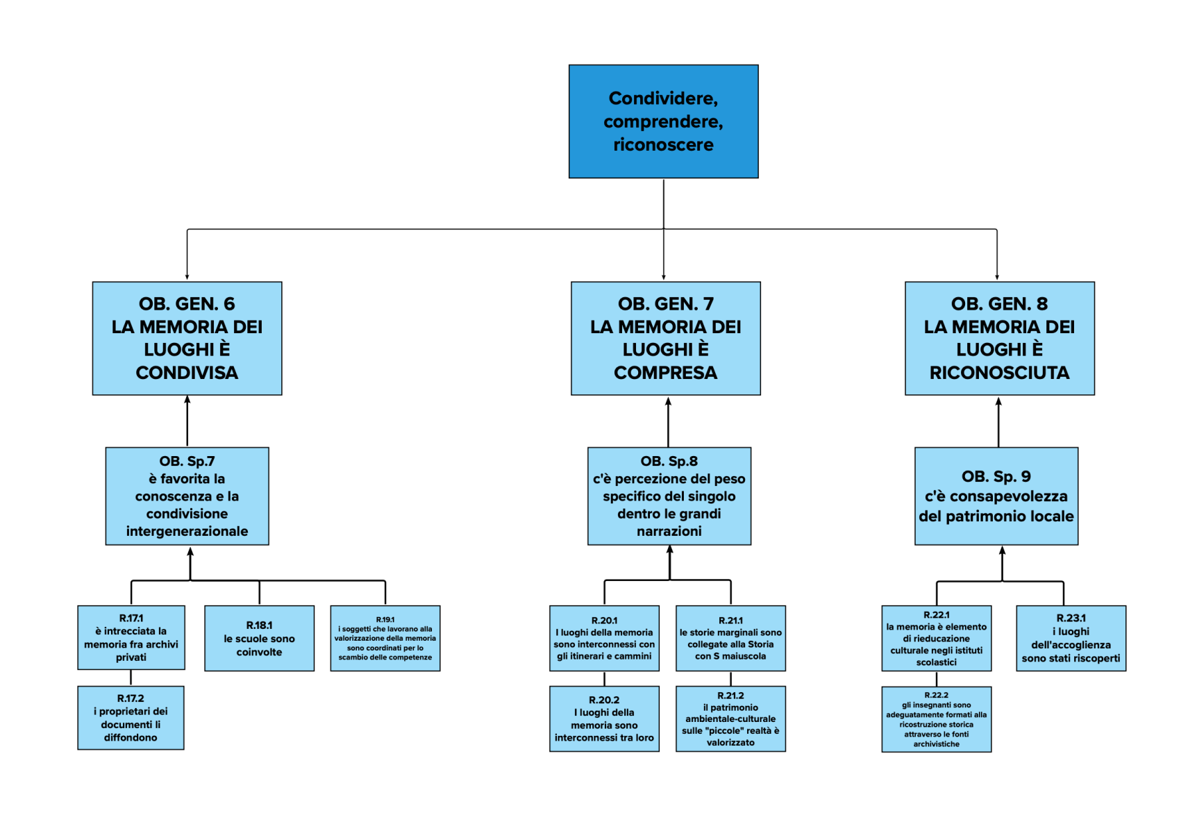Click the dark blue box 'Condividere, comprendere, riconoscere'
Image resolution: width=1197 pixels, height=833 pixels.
tap(663, 121)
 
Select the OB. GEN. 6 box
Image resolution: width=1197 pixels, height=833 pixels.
tap(187, 338)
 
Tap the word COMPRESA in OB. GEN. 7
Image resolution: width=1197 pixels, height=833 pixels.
tap(665, 373)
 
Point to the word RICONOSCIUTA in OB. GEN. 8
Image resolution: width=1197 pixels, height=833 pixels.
tap(999, 373)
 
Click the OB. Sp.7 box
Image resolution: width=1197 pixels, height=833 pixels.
tap(187, 496)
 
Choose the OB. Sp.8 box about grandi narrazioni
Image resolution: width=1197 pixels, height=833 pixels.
tap(669, 496)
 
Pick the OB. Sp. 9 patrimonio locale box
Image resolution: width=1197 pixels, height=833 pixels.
tap(996, 496)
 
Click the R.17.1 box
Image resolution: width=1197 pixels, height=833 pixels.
tap(131, 637)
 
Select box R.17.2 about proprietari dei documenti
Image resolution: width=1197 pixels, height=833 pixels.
tap(131, 718)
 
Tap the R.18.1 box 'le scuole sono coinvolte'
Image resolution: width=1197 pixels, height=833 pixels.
tap(259, 638)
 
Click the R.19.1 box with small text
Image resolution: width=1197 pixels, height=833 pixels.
tap(385, 638)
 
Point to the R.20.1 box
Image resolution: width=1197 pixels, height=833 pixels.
tap(604, 638)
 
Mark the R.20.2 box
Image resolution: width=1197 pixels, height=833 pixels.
tap(604, 718)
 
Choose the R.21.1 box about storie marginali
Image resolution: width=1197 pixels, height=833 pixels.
tap(730, 638)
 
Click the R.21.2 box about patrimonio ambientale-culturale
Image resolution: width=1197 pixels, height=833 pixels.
tap(730, 718)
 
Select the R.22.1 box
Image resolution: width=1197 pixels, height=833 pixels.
tap(936, 638)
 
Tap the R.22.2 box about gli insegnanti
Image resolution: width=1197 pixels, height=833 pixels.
tap(936, 719)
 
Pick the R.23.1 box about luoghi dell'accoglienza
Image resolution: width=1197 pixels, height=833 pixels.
tap(1071, 638)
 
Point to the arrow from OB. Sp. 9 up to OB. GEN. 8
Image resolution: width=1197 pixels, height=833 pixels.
tap(998, 422)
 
